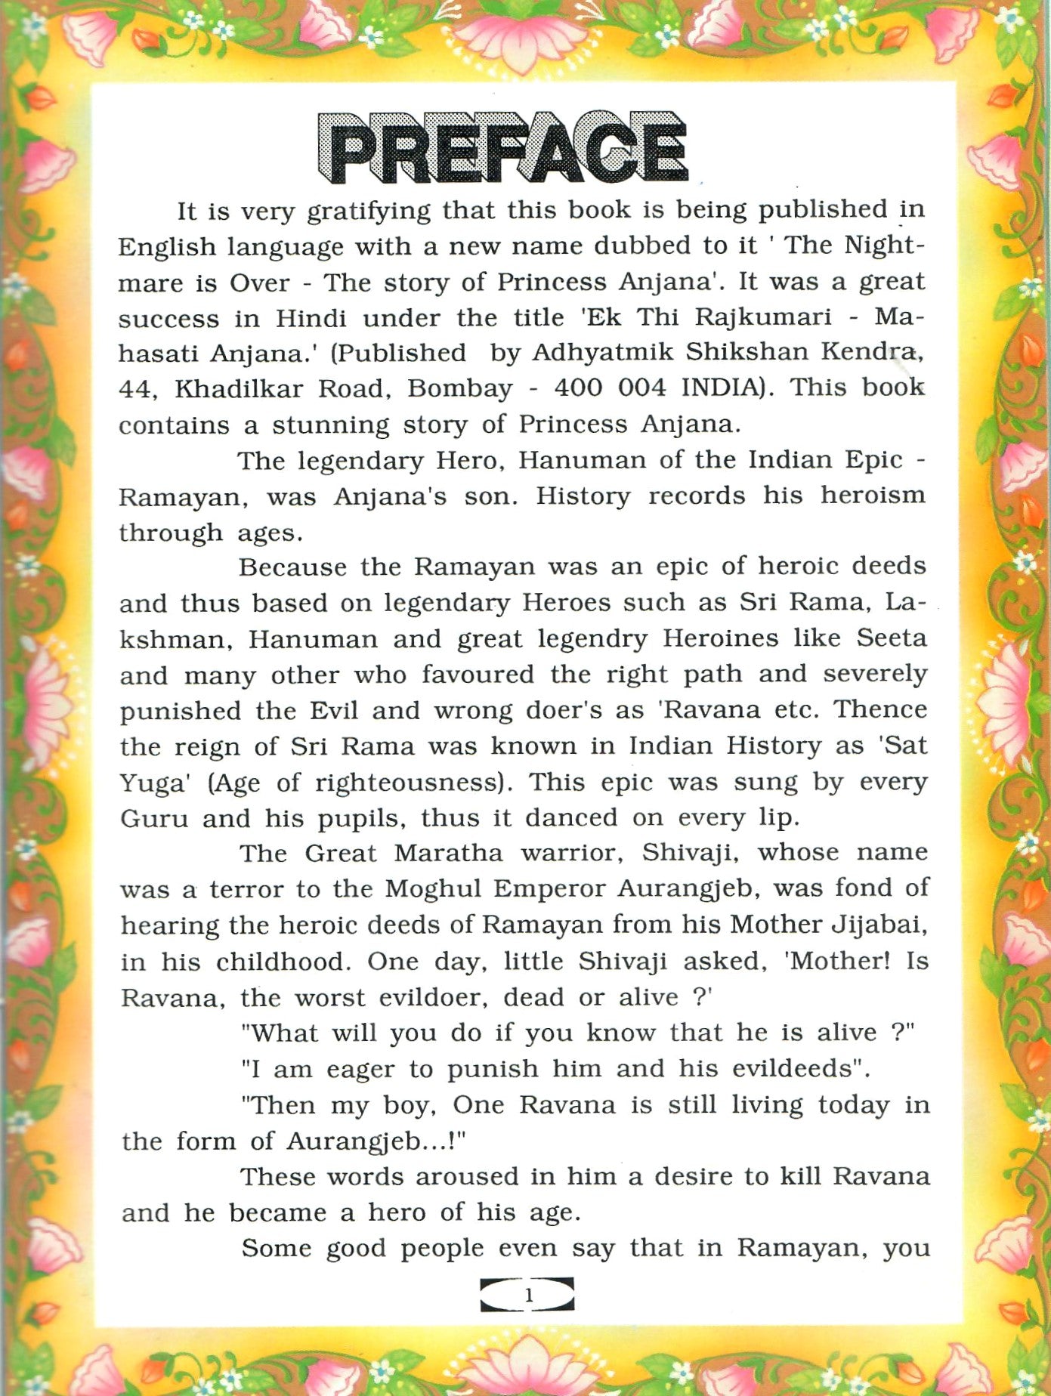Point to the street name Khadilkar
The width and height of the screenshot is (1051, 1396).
pos(239,389)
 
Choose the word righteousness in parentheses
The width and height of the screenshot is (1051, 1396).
pos(409,783)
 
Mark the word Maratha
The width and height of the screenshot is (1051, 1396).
pos(448,854)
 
